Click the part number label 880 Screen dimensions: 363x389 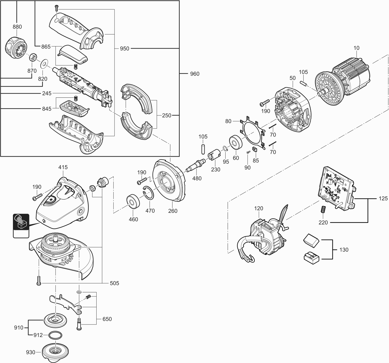pyautogui.click(x=17, y=27)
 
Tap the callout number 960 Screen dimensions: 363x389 pyautogui.click(x=194, y=74)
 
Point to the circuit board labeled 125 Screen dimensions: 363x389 pyautogui.click(x=337, y=189)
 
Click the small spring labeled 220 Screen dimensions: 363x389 pyautogui.click(x=323, y=210)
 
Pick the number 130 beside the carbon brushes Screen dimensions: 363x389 pyautogui.click(x=343, y=250)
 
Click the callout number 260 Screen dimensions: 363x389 pyautogui.click(x=173, y=211)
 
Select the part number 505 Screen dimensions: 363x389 pyautogui.click(x=114, y=283)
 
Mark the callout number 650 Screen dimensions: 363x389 pyautogui.click(x=107, y=319)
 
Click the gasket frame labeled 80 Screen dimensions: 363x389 pyautogui.click(x=250, y=131)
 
